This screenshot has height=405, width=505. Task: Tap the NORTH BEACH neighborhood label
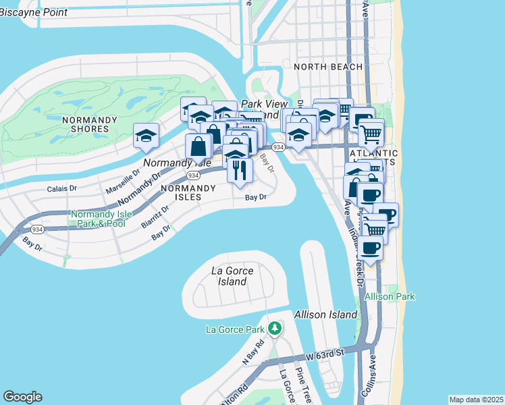click(328, 67)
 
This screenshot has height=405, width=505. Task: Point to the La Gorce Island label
click(232, 275)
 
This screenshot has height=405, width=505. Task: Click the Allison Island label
click(325, 315)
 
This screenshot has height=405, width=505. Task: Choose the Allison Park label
click(390, 296)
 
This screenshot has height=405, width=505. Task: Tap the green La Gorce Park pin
click(274, 329)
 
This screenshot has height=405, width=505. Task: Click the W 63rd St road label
click(325, 352)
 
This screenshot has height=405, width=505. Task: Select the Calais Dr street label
click(62, 189)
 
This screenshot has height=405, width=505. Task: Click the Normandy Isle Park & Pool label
click(98, 218)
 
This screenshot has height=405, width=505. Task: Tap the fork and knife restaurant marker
click(240, 171)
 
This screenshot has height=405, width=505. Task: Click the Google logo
click(22, 397)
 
